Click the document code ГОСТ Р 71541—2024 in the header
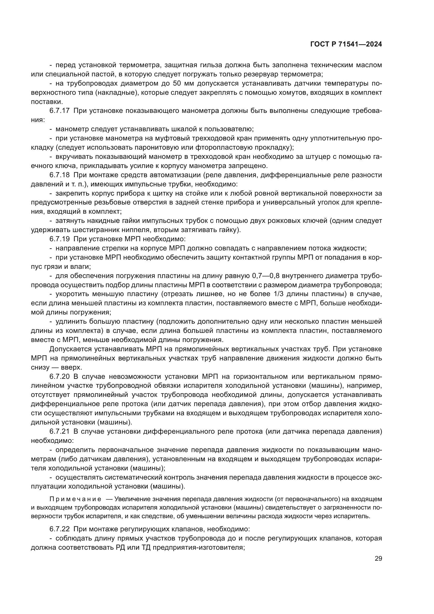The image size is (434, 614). (x=346, y=44)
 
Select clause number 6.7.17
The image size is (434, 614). (x=59, y=111)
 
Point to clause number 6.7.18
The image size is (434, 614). (x=59, y=175)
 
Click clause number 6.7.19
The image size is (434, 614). (x=59, y=239)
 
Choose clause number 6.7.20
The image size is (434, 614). (x=59, y=376)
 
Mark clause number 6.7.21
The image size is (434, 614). (x=59, y=431)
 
